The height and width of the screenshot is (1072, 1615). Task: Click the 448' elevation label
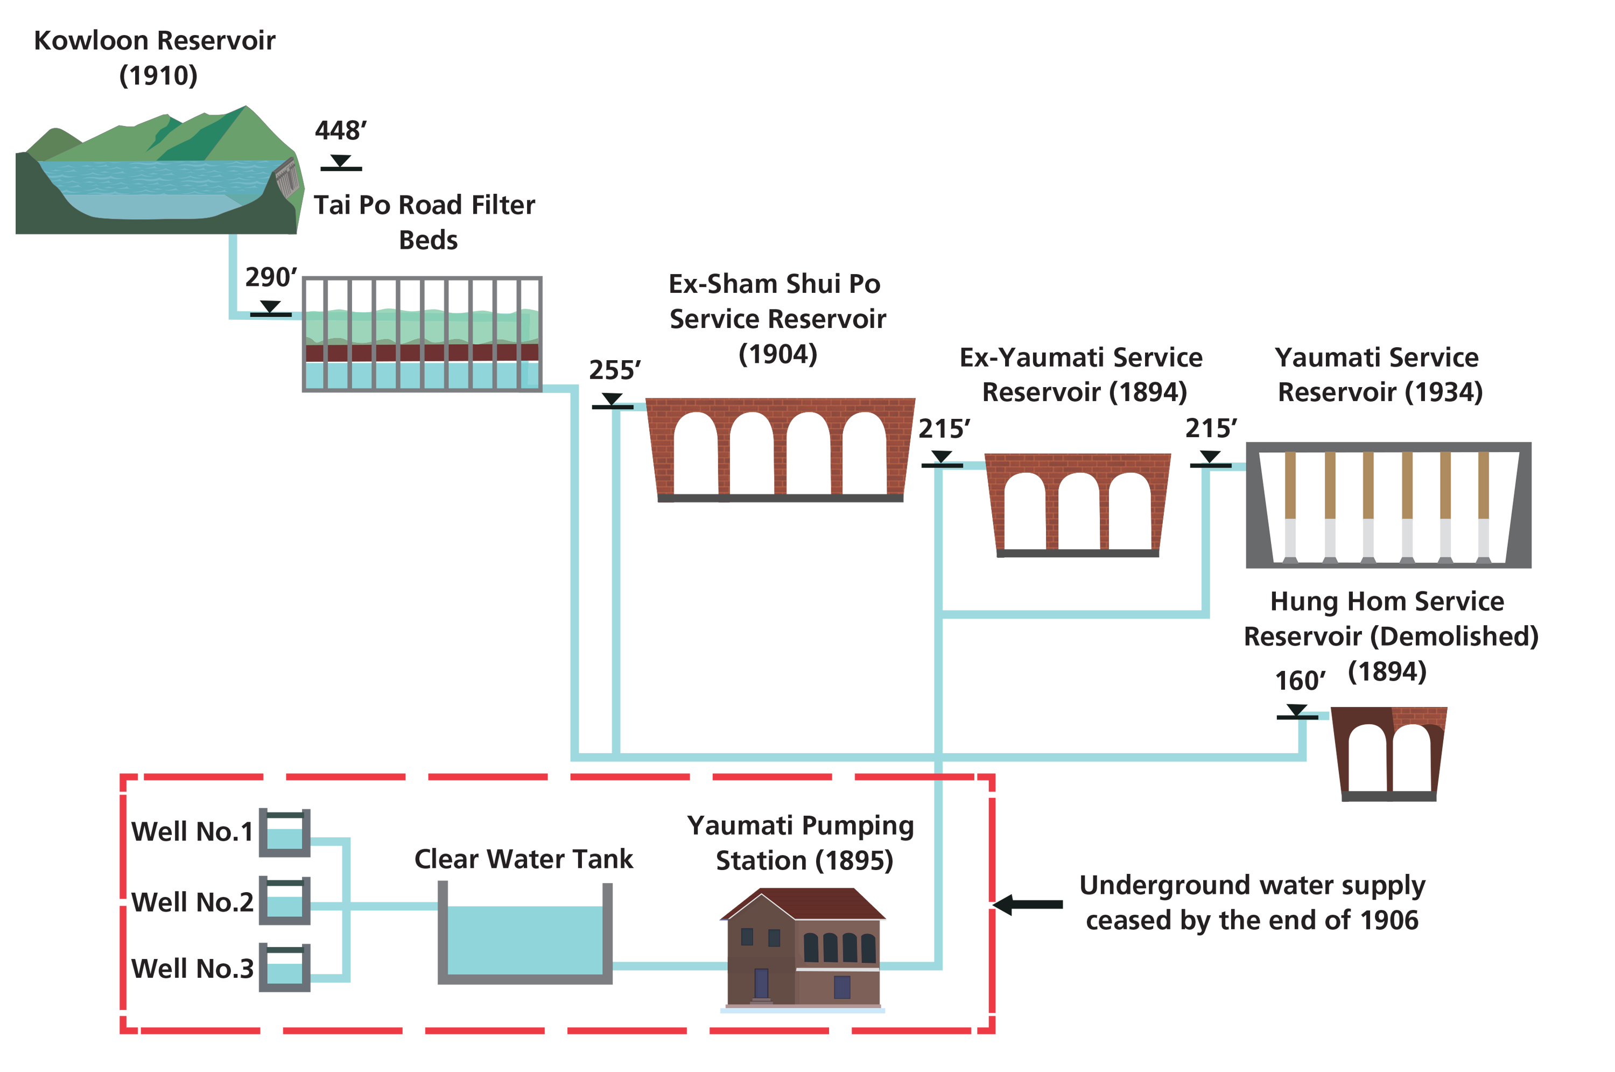[x=340, y=130]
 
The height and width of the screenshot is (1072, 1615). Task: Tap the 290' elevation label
[x=271, y=277]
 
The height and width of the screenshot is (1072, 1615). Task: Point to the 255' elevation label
[x=614, y=370]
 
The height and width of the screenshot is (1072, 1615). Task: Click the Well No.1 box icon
[x=284, y=833]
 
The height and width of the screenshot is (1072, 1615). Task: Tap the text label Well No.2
[x=192, y=902]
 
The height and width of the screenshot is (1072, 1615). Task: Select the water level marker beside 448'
[x=340, y=163]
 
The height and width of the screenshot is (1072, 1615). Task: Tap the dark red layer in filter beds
[x=422, y=353]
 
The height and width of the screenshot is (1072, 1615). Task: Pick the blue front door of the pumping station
[x=761, y=983]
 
